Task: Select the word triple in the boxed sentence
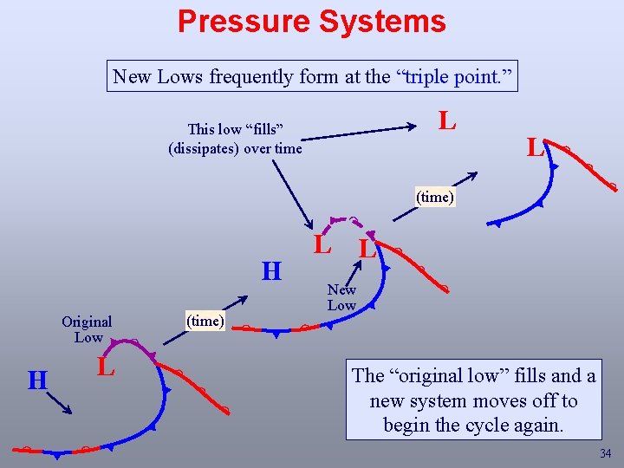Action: point(432,76)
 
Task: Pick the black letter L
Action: point(446,120)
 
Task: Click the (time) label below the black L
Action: point(434,197)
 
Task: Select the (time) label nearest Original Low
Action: point(205,321)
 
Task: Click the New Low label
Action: point(341,297)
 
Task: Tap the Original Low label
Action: point(87,329)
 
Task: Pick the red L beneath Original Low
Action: point(105,367)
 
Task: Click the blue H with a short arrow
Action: point(37,380)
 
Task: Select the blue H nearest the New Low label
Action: point(272,271)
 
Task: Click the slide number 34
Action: point(605,454)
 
